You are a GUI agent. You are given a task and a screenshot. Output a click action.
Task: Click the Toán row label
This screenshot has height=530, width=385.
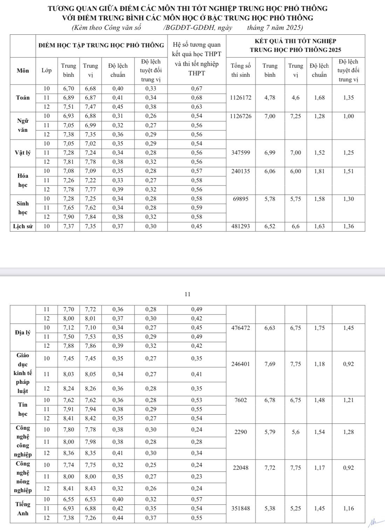[23, 98]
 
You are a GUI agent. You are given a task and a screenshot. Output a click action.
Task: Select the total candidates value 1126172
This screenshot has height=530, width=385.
[241, 98]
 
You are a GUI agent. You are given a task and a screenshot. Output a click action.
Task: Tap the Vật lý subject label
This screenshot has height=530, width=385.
[23, 153]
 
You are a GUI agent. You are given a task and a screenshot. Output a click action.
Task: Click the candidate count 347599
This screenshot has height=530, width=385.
[241, 153]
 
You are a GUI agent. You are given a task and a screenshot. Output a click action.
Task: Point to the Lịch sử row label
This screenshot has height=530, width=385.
[23, 226]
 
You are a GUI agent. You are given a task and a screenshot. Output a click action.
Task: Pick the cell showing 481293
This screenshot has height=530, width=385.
[241, 226]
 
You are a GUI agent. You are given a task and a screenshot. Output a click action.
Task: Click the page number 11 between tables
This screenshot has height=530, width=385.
[187, 294]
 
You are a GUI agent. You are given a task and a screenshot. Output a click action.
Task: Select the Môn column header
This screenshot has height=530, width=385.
[23, 70]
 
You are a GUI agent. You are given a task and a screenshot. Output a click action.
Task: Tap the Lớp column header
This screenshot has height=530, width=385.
[47, 70]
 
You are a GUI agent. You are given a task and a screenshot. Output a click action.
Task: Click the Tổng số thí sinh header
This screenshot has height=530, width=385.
[241, 70]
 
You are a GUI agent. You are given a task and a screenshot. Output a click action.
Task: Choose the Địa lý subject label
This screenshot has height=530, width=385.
[23, 332]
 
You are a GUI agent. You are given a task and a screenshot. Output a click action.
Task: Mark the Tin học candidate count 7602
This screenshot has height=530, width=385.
[241, 400]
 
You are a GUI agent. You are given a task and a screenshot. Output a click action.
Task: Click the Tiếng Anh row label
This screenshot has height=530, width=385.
[23, 509]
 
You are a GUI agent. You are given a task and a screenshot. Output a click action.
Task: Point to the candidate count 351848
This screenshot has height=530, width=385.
[241, 509]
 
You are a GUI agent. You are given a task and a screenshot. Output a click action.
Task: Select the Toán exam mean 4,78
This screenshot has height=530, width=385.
[270, 98]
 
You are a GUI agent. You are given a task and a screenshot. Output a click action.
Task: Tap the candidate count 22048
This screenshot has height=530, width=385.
[241, 468]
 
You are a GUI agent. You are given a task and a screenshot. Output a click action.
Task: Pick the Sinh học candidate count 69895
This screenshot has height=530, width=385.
[241, 199]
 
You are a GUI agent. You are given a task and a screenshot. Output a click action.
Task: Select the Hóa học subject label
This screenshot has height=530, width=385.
[23, 180]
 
